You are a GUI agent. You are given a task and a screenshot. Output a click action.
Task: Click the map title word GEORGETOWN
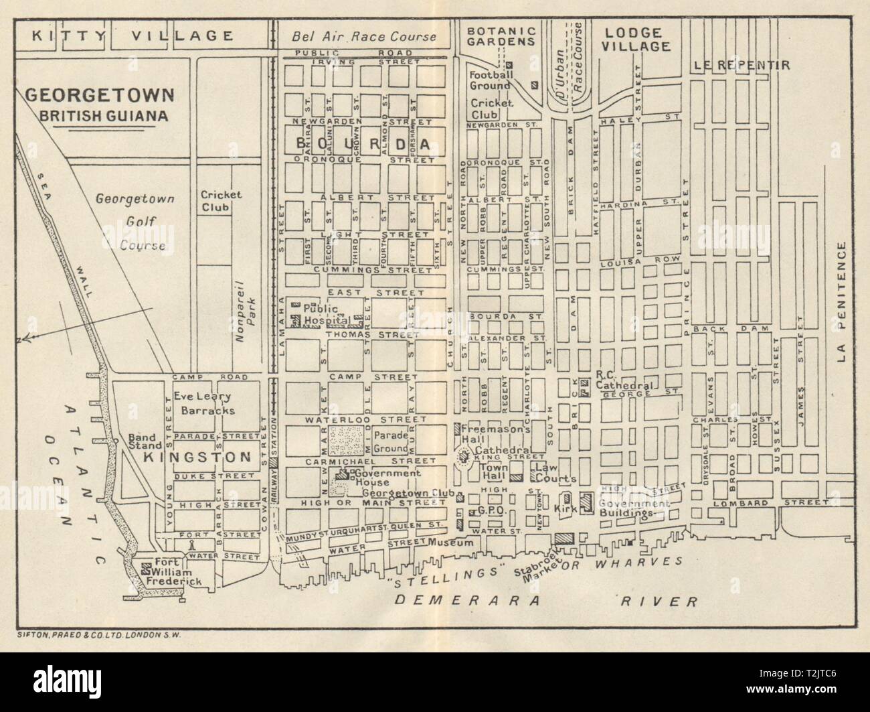[99, 95]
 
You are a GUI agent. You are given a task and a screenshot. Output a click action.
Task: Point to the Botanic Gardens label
[502, 35]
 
